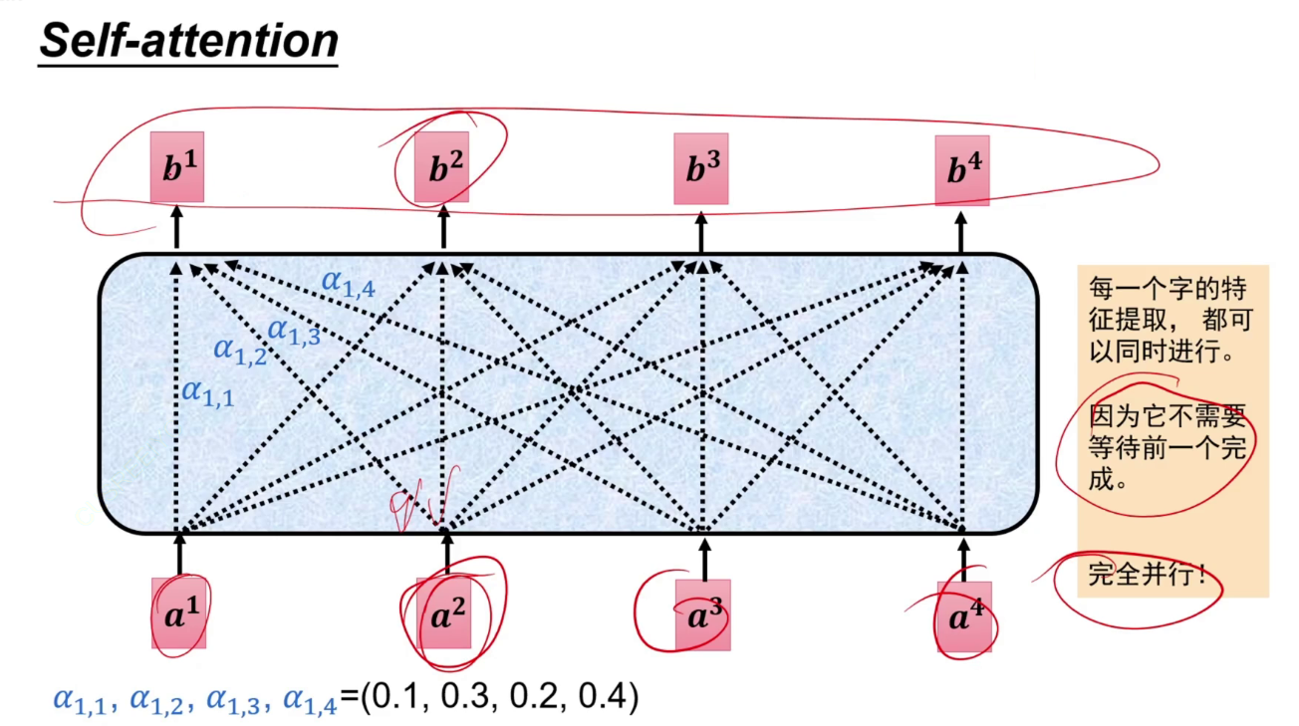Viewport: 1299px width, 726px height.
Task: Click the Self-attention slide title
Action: pos(188,41)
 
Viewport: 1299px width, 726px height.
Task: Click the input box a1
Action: pos(179,613)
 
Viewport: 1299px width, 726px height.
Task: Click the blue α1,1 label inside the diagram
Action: pos(208,392)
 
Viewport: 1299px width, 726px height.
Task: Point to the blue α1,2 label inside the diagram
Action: pos(240,351)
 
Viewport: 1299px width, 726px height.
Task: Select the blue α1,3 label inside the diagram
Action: pos(294,331)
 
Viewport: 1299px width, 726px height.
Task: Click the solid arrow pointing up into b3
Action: pos(701,229)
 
